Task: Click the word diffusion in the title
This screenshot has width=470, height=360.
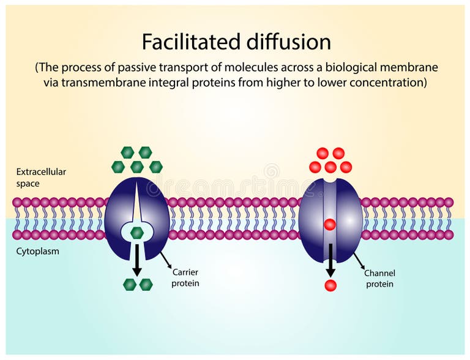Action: click(287, 42)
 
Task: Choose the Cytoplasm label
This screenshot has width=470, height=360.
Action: click(38, 251)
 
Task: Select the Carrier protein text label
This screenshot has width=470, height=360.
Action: click(185, 277)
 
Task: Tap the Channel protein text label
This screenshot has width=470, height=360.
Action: click(379, 279)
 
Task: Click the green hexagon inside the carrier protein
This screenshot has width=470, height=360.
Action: click(137, 233)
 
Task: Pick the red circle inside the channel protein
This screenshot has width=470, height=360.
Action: click(330, 225)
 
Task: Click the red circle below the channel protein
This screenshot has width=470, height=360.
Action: click(330, 285)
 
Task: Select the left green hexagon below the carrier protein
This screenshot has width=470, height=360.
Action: click(129, 284)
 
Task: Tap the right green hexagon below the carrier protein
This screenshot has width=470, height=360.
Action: click(146, 284)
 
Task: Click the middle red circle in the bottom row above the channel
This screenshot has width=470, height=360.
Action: click(330, 167)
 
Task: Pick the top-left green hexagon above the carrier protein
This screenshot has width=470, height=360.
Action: click(127, 152)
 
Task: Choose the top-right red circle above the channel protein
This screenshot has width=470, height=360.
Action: click(338, 153)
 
